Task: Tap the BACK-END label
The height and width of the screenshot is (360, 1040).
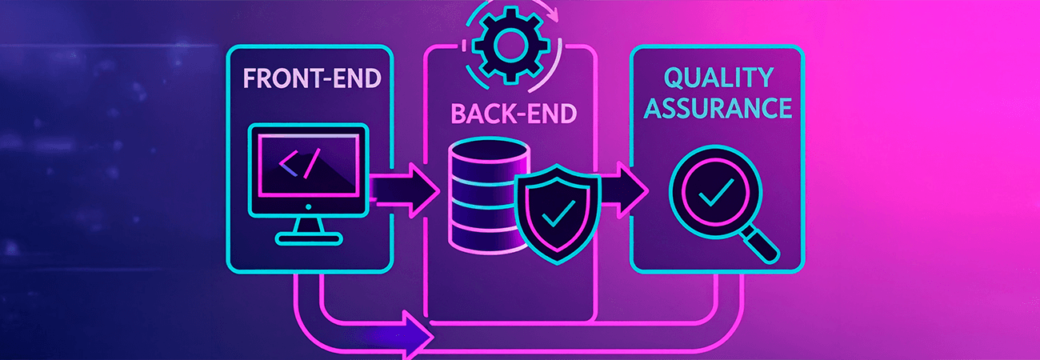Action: [514, 113]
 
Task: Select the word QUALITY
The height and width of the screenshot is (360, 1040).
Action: [718, 78]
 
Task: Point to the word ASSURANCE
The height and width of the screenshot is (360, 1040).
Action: [718, 107]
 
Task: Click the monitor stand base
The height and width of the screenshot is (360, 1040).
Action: [308, 237]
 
